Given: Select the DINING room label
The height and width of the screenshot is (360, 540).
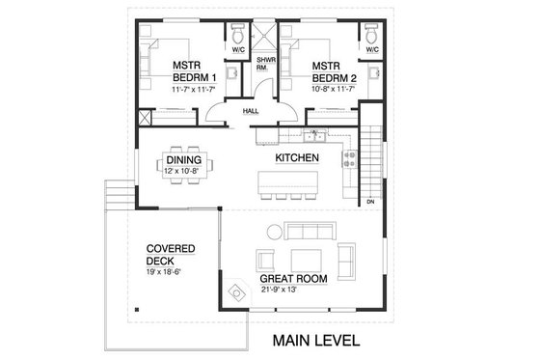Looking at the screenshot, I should (183, 160).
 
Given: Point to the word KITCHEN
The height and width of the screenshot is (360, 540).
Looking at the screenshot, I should (297, 156).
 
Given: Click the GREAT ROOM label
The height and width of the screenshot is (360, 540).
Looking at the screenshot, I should (294, 279).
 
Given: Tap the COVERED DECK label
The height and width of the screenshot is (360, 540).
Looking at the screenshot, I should (170, 255).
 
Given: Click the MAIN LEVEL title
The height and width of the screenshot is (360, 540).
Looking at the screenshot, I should (315, 340).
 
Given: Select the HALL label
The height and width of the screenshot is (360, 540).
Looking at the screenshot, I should (251, 111).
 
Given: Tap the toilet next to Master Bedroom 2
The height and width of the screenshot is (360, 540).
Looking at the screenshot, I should (372, 37).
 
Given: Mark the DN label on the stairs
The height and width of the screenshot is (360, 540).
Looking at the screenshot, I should (370, 202).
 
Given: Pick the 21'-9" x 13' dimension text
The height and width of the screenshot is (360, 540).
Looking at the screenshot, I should (294, 290).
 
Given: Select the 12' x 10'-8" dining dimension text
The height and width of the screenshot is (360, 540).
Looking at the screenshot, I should (183, 173).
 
